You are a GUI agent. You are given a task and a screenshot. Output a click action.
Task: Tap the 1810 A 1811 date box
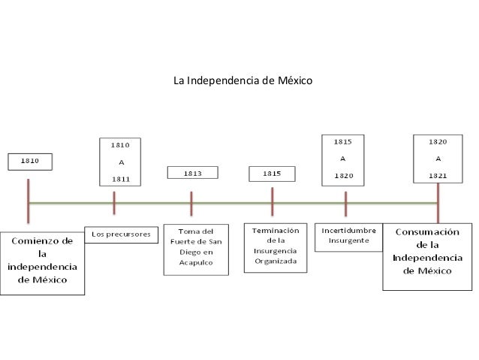(x=121, y=160)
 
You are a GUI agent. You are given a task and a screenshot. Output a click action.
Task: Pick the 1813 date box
(x=193, y=174)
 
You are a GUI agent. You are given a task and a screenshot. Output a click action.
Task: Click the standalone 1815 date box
(x=271, y=174)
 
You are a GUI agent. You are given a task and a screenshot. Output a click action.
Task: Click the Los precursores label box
(x=121, y=234)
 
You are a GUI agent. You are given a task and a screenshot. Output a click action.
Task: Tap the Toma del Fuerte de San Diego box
(x=196, y=247)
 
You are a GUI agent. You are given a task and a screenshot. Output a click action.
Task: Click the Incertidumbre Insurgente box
(x=348, y=235)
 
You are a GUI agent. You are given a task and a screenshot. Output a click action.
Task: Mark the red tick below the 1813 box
(x=191, y=203)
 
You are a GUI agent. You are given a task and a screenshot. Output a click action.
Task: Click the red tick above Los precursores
(x=114, y=203)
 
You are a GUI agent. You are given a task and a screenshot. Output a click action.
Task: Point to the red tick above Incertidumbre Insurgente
(x=345, y=203)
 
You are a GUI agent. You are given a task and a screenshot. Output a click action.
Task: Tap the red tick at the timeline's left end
(x=29, y=201)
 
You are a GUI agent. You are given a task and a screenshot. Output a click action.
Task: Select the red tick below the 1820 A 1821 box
(x=438, y=201)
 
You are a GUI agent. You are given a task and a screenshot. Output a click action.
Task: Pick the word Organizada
(x=275, y=262)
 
